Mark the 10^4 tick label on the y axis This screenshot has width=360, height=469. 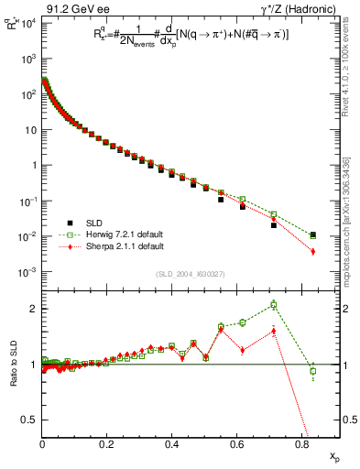point(27,23)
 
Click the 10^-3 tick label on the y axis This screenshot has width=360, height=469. point(27,272)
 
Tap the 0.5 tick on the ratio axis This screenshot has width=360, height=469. point(30,420)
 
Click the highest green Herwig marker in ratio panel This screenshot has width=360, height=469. point(274,305)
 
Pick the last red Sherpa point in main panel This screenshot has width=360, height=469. point(313,251)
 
